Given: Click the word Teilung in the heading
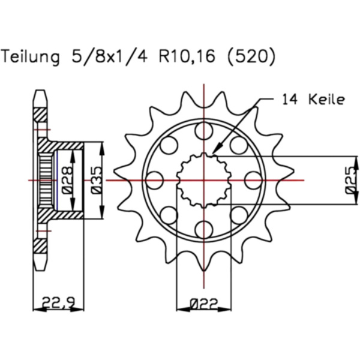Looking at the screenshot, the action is pyautogui.click(x=31, y=56).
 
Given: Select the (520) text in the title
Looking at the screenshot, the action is pyautogui.click(x=251, y=56).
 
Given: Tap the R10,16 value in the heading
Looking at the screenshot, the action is pyautogui.click(x=187, y=56).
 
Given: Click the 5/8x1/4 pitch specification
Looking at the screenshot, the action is pyautogui.click(x=110, y=56).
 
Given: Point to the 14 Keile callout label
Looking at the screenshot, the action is pyautogui.click(x=314, y=100).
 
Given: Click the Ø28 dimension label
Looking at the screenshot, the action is pyautogui.click(x=67, y=180).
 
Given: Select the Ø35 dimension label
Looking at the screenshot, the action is pyautogui.click(x=96, y=180).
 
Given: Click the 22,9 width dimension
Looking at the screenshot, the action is pyautogui.click(x=59, y=302).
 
